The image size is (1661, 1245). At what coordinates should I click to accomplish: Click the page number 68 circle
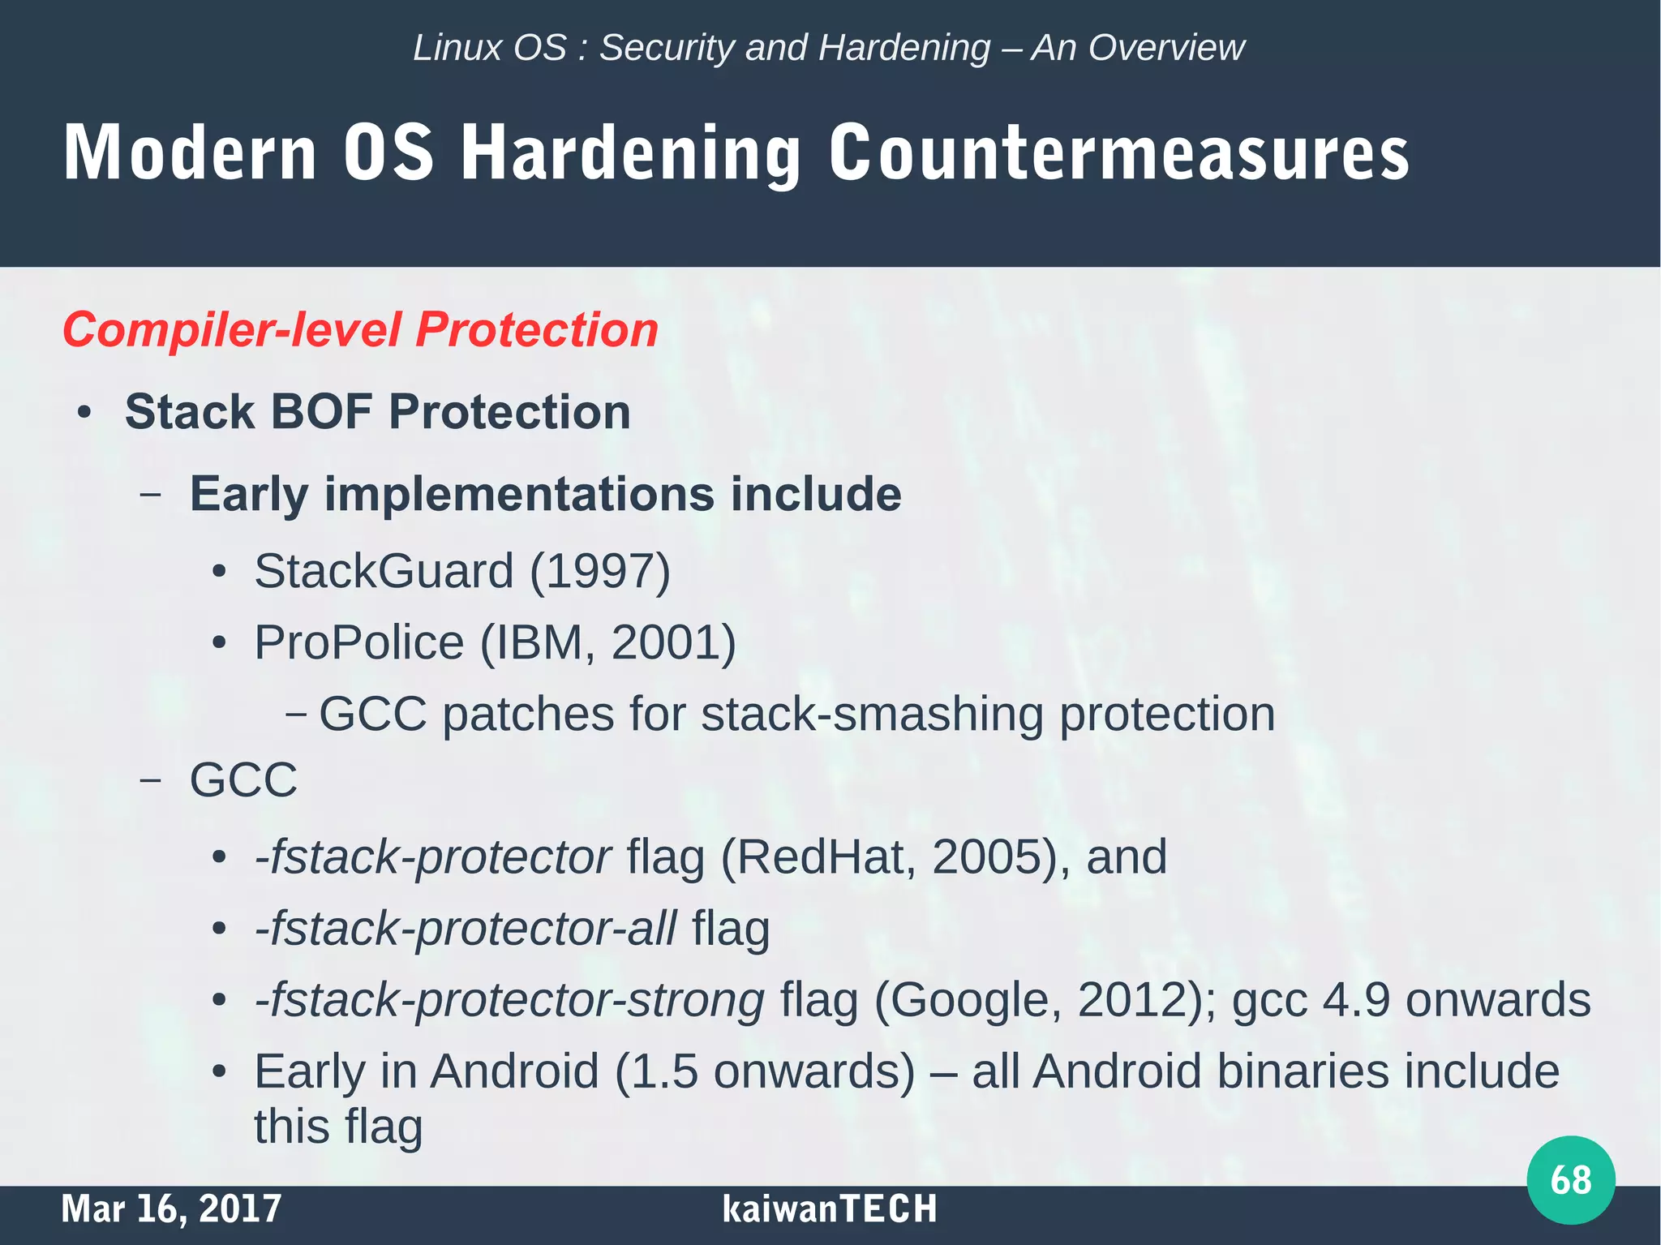tap(1570, 1180)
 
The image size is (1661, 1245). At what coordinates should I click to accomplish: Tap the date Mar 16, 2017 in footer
tap(171, 1209)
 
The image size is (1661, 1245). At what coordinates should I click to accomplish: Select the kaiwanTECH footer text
tap(829, 1209)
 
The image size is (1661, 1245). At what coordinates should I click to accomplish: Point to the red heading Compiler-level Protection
tap(360, 330)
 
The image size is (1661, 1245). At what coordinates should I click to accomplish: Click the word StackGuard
tap(384, 571)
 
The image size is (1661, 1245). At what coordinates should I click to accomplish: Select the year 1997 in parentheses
tap(600, 571)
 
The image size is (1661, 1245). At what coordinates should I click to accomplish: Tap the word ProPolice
tap(359, 642)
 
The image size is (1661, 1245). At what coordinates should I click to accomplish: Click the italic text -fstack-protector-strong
tap(509, 999)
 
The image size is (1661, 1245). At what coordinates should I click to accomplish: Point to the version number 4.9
tap(1357, 999)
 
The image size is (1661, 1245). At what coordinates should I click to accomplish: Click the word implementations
tap(519, 494)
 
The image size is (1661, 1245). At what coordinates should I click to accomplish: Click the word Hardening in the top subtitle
tap(904, 47)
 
